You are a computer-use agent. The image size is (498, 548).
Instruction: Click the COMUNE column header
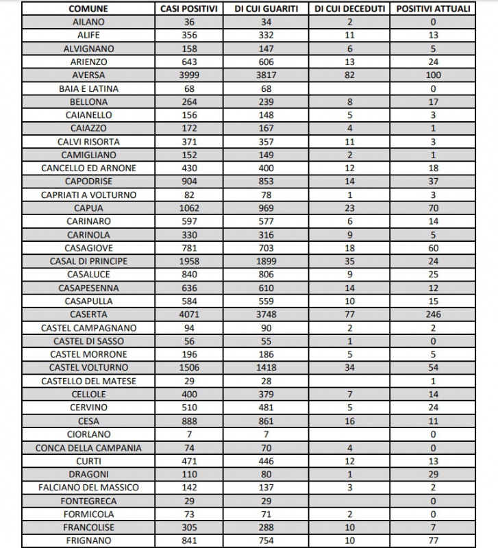[x=88, y=9]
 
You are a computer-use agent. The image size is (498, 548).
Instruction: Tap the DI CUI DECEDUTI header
[x=350, y=9]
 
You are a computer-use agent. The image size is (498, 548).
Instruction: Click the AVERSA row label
[x=88, y=75]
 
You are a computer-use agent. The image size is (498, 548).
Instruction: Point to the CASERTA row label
[x=88, y=314]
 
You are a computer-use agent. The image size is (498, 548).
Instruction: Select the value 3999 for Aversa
[x=189, y=75]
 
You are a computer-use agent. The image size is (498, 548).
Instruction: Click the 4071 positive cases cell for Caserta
[x=189, y=314]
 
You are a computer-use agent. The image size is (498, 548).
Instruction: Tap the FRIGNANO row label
[x=88, y=540]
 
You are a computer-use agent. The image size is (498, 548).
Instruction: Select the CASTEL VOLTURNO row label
[x=88, y=368]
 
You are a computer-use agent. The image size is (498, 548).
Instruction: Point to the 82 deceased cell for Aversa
[x=350, y=75]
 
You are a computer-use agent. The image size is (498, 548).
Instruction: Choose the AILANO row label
[x=88, y=22]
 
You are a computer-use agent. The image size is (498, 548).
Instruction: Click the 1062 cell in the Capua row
[x=189, y=208]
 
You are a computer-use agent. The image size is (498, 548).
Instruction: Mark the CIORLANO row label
[x=88, y=434]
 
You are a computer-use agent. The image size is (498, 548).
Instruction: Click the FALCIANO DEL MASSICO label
[x=88, y=487]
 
